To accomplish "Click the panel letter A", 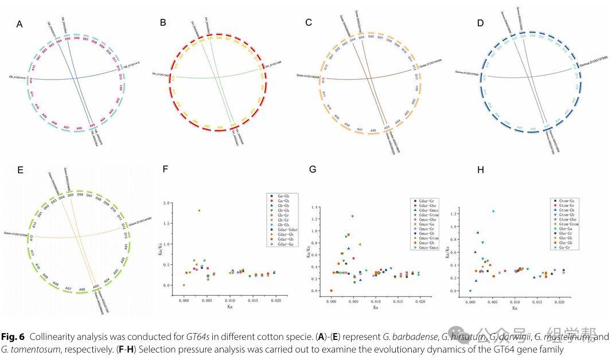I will pos(19,24).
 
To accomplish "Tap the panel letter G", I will pos(312,169).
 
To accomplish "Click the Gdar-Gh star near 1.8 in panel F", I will pos(199,210).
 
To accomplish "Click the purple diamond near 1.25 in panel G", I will pos(353,216).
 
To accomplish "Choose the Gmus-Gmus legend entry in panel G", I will pos(426,248).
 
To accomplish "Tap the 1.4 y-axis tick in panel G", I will pos(315,205).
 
